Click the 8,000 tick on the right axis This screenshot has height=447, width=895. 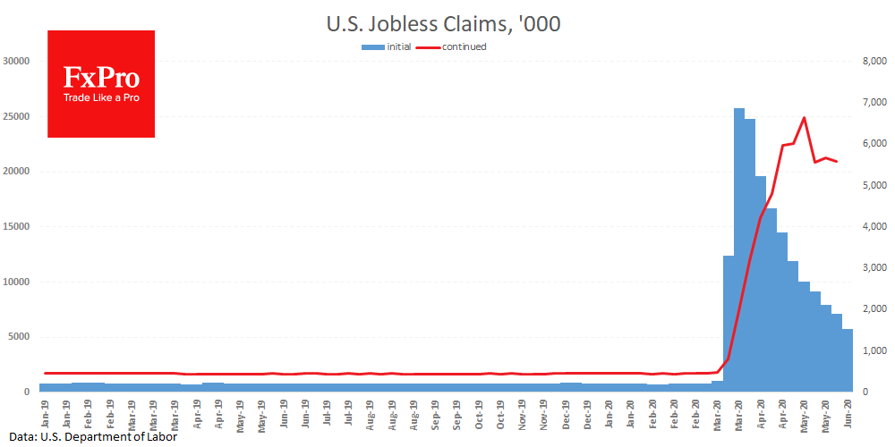875,62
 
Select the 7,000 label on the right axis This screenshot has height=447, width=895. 875,103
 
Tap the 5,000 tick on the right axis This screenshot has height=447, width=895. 875,186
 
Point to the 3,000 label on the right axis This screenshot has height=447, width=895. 875,268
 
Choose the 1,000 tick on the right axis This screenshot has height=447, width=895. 875,351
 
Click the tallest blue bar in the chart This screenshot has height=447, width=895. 739,250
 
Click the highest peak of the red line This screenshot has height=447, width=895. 804,118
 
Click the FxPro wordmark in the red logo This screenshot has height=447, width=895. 101,78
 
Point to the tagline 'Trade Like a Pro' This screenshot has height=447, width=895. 101,97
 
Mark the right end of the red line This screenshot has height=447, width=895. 837,161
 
